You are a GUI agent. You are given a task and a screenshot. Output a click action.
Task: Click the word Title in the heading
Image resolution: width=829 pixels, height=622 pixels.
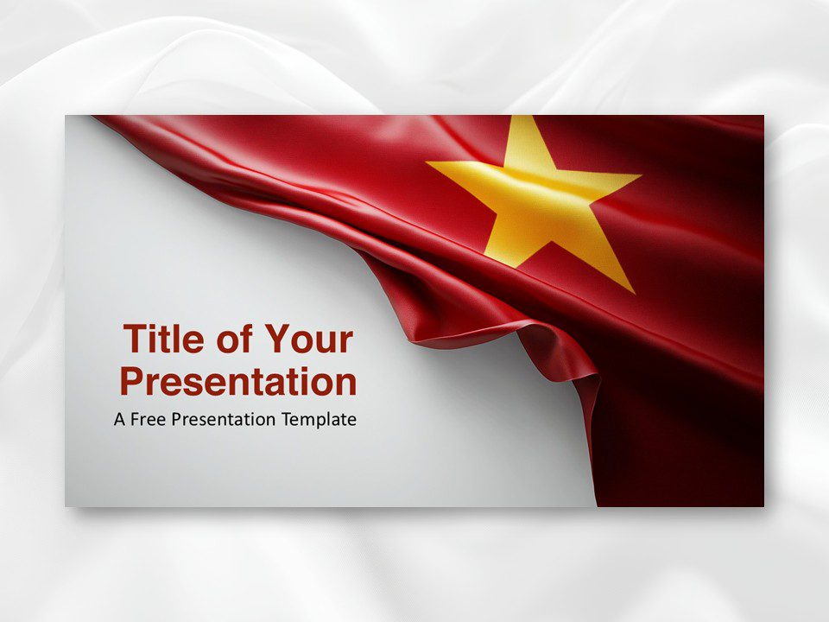(163, 339)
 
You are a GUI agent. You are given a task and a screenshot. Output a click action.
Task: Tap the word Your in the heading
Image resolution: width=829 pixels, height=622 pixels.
(308, 339)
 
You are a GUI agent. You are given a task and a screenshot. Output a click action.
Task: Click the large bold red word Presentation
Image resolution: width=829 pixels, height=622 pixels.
(237, 381)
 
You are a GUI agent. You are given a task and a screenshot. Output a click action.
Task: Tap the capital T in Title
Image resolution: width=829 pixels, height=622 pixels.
(135, 339)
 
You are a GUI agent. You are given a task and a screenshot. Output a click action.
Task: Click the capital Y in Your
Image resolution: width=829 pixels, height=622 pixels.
(276, 339)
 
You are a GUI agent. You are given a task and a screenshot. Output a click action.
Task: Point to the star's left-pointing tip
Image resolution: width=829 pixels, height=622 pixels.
(429, 162)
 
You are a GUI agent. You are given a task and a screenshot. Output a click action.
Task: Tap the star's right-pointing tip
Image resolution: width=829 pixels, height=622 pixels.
(639, 177)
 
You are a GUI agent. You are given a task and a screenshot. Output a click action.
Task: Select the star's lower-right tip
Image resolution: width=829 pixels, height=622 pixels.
(632, 291)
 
